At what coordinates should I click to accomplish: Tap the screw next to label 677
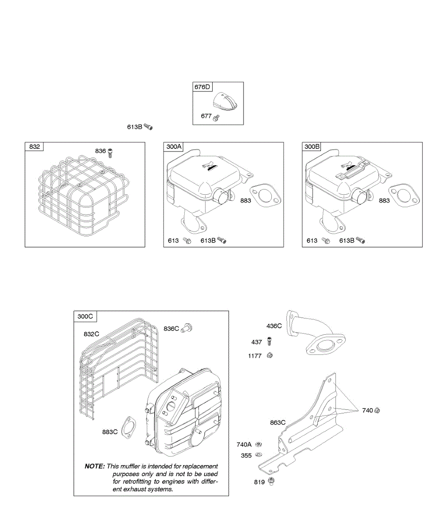[216, 118]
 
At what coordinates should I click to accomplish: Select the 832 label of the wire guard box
[34, 147]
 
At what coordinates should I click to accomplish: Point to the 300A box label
[172, 147]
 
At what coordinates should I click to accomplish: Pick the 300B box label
[312, 147]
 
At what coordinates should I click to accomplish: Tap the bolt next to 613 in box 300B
[326, 241]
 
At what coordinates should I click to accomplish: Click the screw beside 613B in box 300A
[222, 240]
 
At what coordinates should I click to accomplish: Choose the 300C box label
[85, 316]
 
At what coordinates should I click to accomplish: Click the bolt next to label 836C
[187, 328]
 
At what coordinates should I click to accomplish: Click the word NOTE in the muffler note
[95, 466]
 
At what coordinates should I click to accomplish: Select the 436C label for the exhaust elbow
[274, 326]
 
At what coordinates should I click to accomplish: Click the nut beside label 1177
[271, 355]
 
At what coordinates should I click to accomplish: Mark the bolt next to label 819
[271, 481]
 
